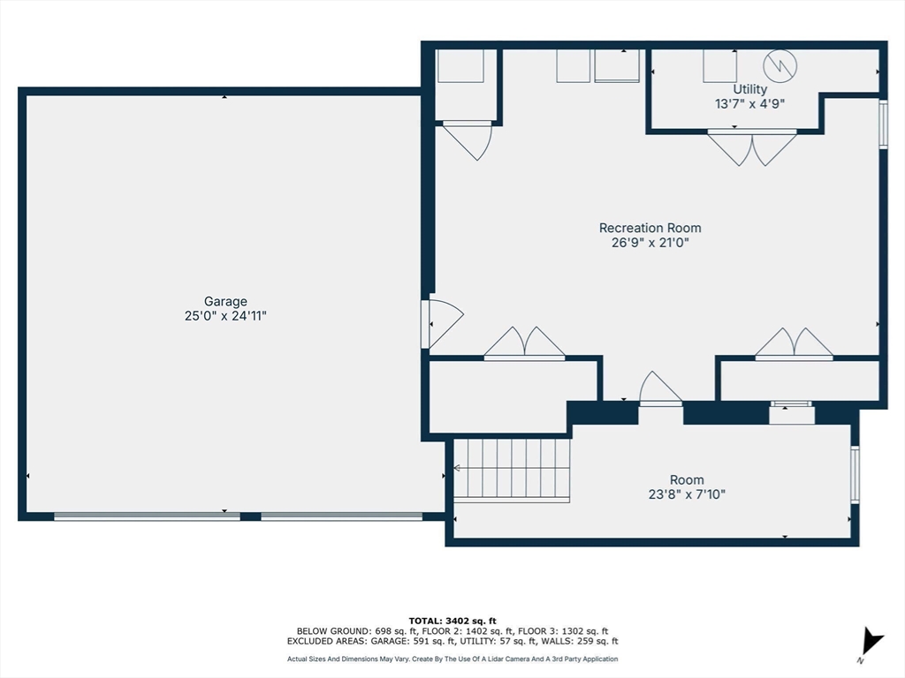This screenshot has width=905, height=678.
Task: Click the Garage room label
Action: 225,301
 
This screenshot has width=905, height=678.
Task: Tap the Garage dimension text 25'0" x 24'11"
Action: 225,315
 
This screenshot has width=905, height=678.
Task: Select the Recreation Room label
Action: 650,228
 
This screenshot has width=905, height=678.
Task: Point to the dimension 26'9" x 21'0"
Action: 650,243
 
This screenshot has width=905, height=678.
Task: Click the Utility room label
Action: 749,89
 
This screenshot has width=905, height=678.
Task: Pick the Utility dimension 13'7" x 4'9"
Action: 749,103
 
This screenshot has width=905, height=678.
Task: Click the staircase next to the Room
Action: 511,469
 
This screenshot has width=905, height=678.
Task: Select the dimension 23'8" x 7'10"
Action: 687,494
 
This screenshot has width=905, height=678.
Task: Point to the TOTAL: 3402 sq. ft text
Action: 452,620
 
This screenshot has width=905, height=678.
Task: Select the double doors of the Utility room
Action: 752,147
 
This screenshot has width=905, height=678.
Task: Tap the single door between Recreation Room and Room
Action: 660,389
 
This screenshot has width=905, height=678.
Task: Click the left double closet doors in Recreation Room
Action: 524,344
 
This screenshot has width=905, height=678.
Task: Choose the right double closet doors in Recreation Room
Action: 794,344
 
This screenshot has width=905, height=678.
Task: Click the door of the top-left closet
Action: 468,139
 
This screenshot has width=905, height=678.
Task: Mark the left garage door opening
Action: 147,516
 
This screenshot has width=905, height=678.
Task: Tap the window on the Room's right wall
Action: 855,474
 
